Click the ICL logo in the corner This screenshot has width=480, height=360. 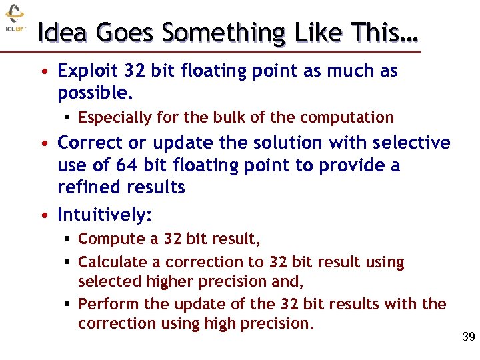coord(15,20)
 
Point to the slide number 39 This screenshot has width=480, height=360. coord(468,337)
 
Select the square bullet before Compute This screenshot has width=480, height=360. coord(68,239)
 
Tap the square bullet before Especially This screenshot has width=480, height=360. coord(68,118)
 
